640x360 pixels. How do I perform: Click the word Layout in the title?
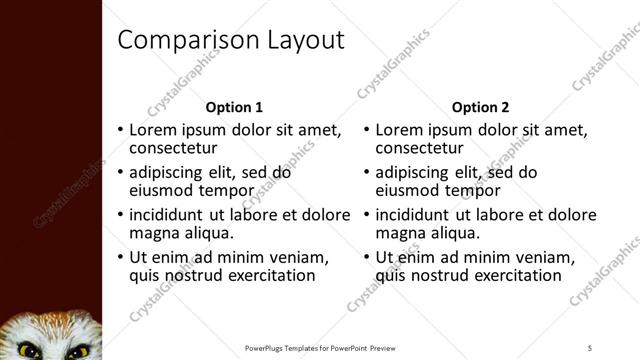click(302, 41)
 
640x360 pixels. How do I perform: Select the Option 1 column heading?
click(234, 107)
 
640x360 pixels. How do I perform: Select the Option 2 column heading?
click(480, 107)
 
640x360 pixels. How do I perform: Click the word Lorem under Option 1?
click(156, 130)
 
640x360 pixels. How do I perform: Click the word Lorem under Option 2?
click(401, 130)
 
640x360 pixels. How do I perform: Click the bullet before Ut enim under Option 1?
click(120, 257)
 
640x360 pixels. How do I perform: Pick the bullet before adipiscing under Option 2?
click(366, 173)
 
